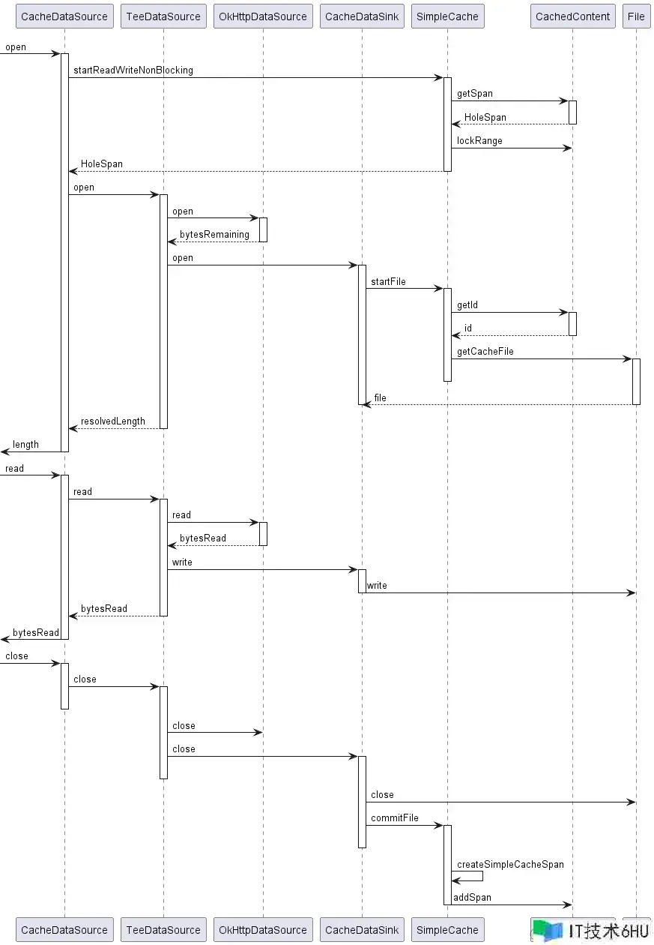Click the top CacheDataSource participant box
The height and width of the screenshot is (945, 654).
coord(64,16)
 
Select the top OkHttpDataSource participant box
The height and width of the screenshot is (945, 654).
coord(263,16)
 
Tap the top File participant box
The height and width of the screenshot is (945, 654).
coord(636,16)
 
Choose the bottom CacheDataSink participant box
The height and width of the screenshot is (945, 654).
coord(362,930)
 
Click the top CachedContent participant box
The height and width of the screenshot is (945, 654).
coord(572,16)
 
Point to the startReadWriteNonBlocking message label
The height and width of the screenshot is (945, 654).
coord(133,70)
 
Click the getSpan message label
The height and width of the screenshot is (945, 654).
coord(475,94)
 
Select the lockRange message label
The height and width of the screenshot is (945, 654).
coord(479,140)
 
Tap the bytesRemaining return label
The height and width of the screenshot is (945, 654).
coord(214,235)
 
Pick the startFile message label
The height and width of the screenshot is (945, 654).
coord(388,281)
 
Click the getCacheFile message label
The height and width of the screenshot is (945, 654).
coord(485,352)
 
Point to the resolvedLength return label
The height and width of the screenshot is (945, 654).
coord(113,421)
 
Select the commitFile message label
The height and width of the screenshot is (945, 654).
coord(394,818)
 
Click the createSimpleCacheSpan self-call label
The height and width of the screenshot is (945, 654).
coord(510,865)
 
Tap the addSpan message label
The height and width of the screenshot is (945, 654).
coord(473,897)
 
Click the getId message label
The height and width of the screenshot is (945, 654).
coord(467,304)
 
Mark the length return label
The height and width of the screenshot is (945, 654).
coord(25,445)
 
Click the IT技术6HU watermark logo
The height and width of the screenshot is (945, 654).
coord(591,931)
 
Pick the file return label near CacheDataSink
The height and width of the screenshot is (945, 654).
coord(380,397)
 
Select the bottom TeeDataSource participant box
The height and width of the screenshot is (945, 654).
coord(163,930)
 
